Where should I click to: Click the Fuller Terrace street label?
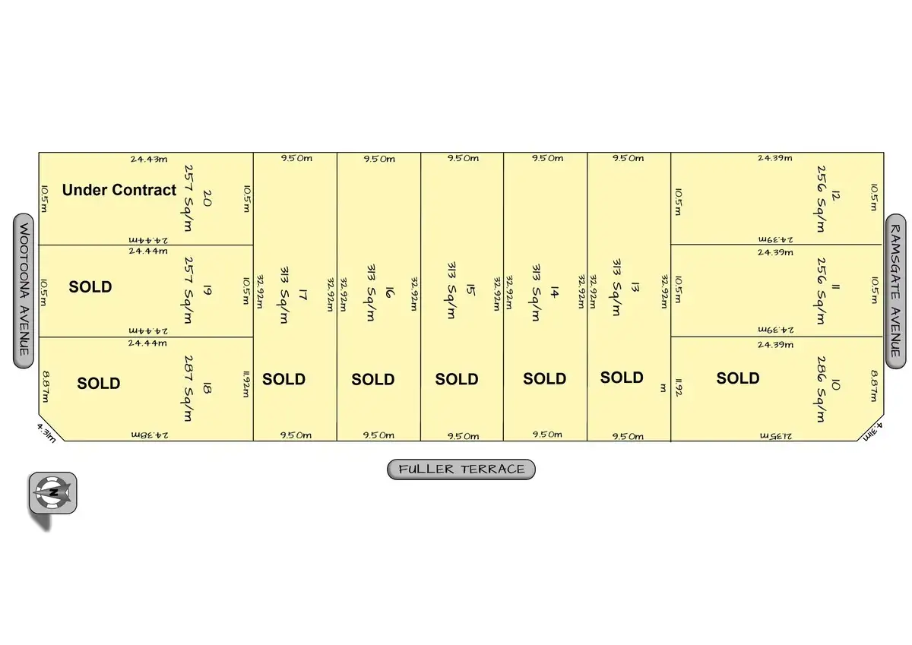tap(461, 470)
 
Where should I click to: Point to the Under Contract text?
tap(119, 190)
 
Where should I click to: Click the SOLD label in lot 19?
tap(90, 287)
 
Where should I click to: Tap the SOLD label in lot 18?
tap(99, 383)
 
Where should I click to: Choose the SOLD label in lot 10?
tap(738, 378)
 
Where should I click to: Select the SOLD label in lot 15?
tap(457, 379)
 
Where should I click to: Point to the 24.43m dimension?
tap(147, 159)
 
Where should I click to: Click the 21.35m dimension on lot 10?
tap(776, 435)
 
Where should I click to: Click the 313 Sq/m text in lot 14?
tap(537, 292)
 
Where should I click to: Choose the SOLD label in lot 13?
tap(622, 378)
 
